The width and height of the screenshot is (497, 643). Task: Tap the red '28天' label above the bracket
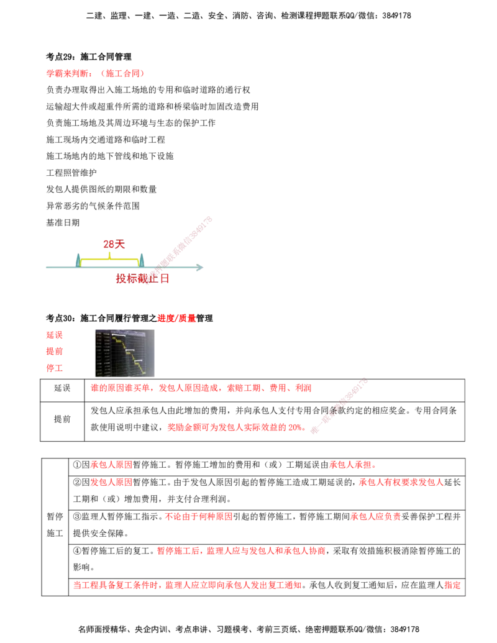coord(112,244)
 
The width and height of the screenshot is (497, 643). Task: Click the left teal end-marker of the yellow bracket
coord(78,259)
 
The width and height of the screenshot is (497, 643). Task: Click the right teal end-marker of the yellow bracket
coord(142,259)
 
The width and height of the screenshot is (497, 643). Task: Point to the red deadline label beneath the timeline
coord(142,279)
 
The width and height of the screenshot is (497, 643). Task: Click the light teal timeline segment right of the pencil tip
coord(186,268)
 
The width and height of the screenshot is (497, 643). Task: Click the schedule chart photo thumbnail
coord(126,352)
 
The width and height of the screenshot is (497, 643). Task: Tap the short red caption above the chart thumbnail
coord(176,318)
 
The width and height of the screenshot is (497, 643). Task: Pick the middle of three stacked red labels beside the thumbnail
coord(54,351)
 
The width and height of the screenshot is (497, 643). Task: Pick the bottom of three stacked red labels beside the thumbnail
coord(54,367)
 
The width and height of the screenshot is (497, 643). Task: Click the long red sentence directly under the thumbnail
coord(201,388)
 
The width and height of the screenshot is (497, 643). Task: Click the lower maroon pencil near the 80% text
coord(339,404)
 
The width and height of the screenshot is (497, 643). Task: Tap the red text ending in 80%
coord(235,427)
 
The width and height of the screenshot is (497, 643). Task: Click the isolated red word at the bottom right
coord(452,585)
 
